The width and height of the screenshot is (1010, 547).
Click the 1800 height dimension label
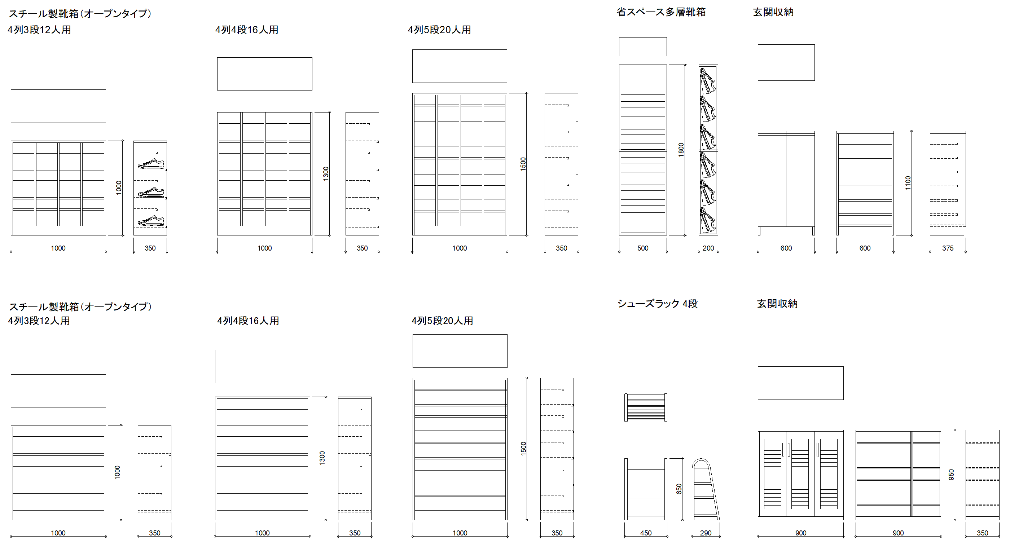point(681,150)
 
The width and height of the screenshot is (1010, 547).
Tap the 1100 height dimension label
point(908,183)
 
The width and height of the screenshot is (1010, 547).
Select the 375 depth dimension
point(948,248)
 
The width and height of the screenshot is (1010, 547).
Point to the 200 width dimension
point(708,248)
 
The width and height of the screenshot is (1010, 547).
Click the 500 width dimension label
point(643,248)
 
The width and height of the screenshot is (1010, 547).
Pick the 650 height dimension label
point(679,489)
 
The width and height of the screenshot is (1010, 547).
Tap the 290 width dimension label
point(706,533)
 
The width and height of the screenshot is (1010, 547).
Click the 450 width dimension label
point(646,533)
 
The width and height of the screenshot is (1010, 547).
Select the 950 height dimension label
point(951,475)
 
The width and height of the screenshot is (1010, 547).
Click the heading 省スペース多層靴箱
point(661,12)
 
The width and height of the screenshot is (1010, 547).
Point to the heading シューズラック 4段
point(658,304)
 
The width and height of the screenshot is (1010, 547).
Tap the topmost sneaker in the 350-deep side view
point(151,164)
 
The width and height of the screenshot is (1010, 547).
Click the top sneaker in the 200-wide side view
point(708,81)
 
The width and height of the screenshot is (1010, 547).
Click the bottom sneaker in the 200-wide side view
point(708,220)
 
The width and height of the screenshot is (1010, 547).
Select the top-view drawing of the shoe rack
point(645,407)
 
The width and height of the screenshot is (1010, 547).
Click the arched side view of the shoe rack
point(706,489)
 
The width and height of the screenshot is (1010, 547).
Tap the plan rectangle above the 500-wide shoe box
point(643,47)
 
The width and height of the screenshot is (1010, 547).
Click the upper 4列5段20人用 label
point(439,30)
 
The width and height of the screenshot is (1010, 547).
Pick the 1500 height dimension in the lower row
point(523,448)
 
